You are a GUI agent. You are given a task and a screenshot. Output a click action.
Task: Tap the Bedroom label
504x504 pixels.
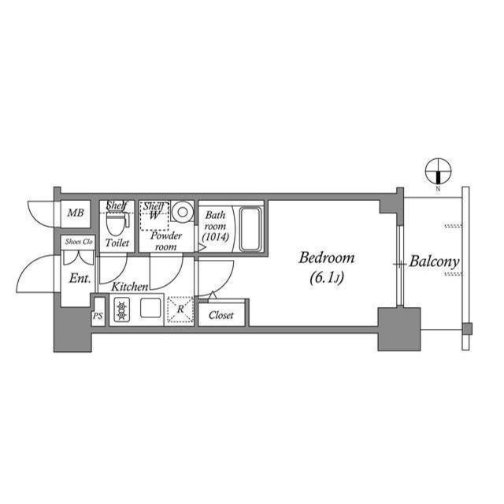[x=327, y=258]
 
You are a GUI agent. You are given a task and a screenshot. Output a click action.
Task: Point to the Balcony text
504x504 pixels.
[x=434, y=261]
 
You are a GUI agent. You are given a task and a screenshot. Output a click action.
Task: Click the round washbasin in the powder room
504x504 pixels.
[x=183, y=212]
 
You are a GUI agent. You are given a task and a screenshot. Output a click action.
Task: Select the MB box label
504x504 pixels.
[x=75, y=213]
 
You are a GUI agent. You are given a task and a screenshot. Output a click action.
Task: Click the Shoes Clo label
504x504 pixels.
[x=78, y=242]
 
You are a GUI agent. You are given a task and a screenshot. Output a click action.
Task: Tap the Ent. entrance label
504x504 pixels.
[x=80, y=278]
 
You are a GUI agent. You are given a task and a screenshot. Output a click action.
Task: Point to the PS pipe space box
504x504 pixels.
[x=98, y=315]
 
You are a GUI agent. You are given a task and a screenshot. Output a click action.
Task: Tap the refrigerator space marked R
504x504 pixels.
[x=180, y=309]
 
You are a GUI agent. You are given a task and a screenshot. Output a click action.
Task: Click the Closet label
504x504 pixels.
[x=221, y=315]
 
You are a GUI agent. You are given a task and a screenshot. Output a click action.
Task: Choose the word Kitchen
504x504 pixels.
[x=129, y=287]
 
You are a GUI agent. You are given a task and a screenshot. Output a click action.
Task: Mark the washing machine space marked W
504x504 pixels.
[x=154, y=213]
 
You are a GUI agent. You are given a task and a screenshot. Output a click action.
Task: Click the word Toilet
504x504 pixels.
[x=117, y=243]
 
